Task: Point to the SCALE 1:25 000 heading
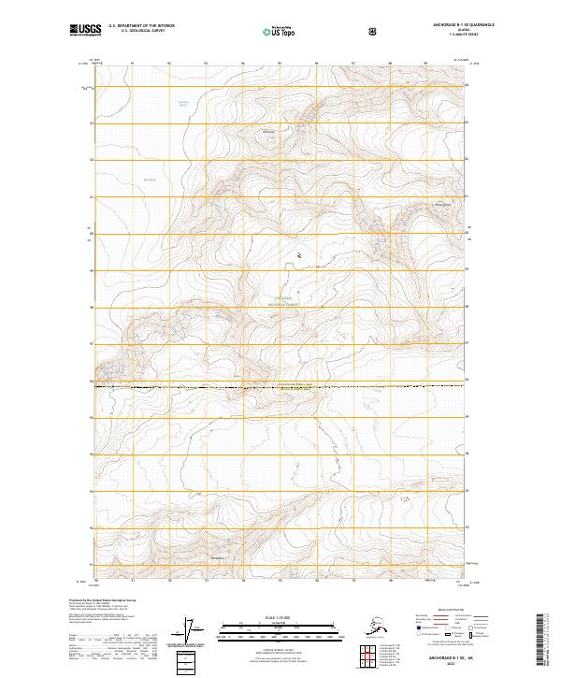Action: [x=279, y=617]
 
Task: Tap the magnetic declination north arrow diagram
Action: [x=192, y=628]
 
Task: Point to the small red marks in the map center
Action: [x=298, y=253]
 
